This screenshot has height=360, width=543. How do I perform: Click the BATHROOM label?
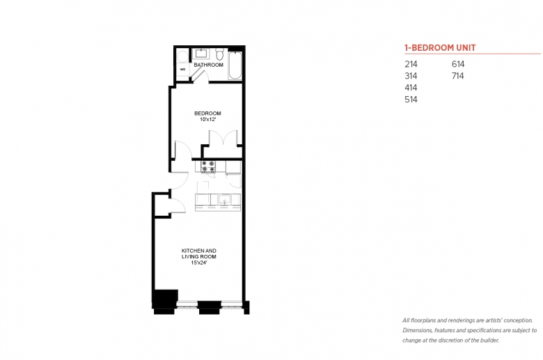[208, 65]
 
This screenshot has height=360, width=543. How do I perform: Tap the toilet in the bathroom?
[219, 54]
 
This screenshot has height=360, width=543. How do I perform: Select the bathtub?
[235, 65]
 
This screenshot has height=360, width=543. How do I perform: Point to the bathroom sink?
[200, 54]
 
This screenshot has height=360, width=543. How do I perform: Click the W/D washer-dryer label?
[183, 70]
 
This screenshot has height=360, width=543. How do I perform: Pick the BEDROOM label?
[207, 114]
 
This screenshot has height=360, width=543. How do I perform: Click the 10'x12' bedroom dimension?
[207, 120]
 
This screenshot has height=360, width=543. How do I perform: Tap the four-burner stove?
[208, 166]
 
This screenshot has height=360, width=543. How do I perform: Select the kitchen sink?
[224, 200]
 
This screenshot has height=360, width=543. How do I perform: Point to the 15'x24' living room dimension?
[199, 263]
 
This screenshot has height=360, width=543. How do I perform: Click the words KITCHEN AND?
[199, 251]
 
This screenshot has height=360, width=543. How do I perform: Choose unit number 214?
[411, 64]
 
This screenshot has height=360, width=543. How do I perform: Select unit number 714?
[458, 76]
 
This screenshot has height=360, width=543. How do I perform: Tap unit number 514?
[411, 100]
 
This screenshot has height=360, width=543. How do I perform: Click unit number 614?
[458, 64]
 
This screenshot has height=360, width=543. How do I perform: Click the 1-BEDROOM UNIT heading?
[440, 48]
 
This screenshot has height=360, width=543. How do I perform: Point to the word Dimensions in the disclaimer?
[417, 331]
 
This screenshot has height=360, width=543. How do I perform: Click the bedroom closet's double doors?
[223, 138]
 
